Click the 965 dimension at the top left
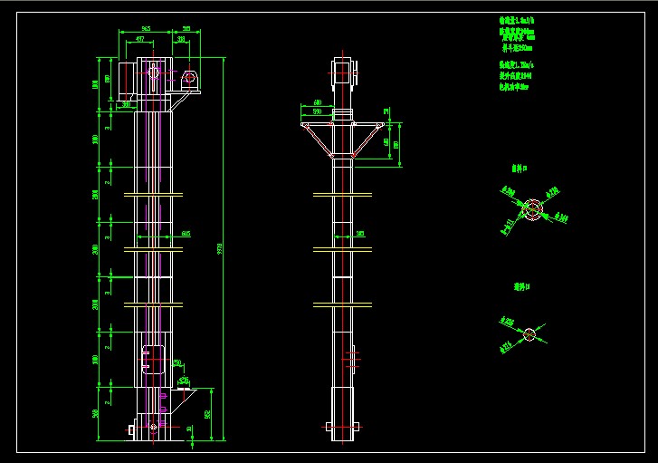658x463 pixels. pos(145,30)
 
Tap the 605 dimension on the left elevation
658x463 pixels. pos(185,234)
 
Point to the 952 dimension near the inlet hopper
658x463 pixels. pos(207,414)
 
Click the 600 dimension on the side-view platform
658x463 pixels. pos(318,102)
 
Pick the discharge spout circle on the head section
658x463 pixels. pos(190,78)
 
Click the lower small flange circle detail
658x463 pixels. pos(529,333)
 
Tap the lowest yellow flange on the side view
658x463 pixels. pos(342,303)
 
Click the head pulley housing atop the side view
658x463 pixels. pos(342,72)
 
